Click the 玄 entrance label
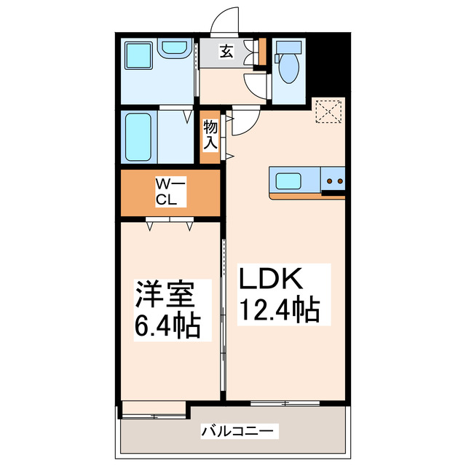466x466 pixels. coord(226,52)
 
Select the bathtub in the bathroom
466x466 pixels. coord(138,137)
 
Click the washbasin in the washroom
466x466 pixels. coord(175,49)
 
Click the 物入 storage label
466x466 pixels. coord(210,135)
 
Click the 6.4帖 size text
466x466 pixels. coord(167,325)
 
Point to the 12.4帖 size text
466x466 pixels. coord(280,311)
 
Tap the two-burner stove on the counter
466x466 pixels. coord(334,180)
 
